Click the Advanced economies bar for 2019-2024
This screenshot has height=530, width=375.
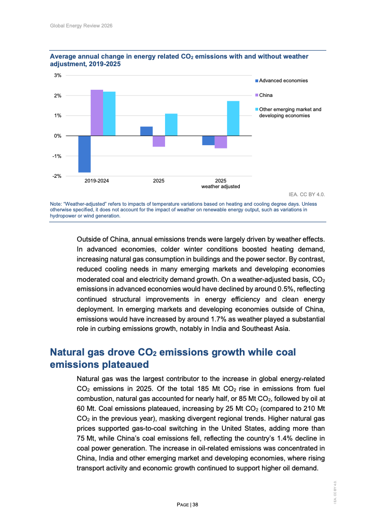point(85,154)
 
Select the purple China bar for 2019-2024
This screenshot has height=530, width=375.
point(97,113)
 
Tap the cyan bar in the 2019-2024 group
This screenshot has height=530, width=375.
point(109,113)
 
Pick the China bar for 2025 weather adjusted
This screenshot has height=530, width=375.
point(220,142)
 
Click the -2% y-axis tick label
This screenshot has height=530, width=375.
point(57,176)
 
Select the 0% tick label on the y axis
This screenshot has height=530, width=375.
point(58,136)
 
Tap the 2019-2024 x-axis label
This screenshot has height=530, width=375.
point(96,181)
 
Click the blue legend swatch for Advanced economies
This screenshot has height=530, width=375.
point(257,81)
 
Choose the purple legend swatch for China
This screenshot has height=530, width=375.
point(257,96)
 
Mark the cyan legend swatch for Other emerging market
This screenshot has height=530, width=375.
point(257,110)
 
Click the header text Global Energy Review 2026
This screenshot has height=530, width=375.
point(81,25)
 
